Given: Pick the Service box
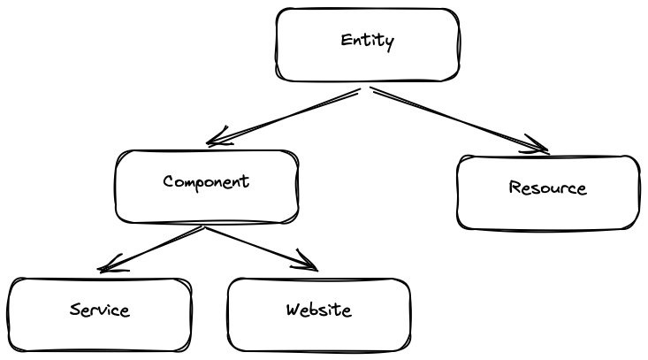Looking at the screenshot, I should [100, 333].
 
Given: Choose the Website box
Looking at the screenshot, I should [318, 333].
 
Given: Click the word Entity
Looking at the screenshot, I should [368, 41].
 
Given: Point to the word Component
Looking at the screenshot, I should [206, 182].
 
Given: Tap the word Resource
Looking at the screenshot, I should [548, 188].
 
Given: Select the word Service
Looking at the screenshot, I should [100, 310].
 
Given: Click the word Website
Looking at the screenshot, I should [318, 310].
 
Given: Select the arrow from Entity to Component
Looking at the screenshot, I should [283, 116].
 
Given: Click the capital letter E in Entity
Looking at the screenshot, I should [346, 41].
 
